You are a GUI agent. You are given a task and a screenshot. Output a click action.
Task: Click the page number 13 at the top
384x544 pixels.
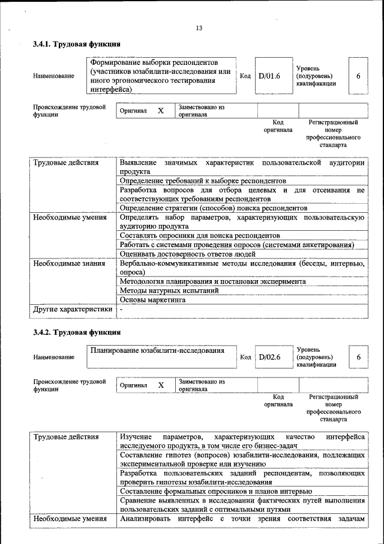click(199, 28)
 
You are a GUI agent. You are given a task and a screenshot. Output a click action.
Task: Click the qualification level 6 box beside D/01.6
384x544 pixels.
click(358, 76)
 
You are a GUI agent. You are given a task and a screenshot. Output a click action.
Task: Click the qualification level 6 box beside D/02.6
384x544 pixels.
click(358, 357)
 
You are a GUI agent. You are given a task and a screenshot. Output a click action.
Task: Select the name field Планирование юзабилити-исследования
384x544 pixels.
click(157, 350)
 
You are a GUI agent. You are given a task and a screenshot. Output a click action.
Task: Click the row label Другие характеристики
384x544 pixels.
click(73, 310)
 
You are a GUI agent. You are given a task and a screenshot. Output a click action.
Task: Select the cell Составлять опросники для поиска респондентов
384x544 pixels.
click(200, 236)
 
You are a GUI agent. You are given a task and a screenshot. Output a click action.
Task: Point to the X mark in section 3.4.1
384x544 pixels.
click(160, 111)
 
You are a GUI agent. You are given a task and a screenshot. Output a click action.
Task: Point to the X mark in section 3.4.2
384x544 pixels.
click(160, 385)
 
